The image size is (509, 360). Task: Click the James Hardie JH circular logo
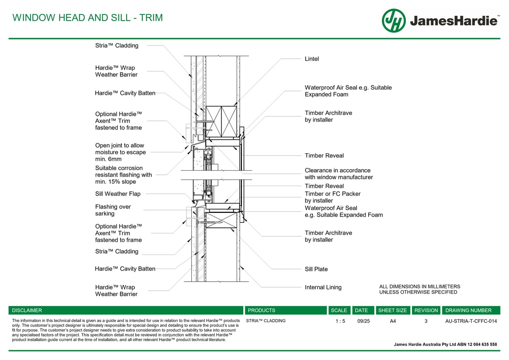(x=393, y=21)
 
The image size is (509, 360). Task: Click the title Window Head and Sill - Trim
(x=88, y=18)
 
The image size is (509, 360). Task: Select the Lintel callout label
(x=312, y=59)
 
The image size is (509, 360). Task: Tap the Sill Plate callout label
(x=316, y=269)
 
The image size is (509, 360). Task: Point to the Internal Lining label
(x=323, y=287)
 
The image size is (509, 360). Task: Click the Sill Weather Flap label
(x=118, y=194)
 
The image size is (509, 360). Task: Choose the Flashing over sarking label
(x=113, y=210)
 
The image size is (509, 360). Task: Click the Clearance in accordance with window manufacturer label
(x=338, y=174)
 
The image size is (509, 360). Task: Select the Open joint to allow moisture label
(x=120, y=152)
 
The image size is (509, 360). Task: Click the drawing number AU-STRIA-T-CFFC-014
(x=471, y=321)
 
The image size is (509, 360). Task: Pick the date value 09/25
(x=363, y=321)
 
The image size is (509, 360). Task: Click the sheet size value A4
(x=393, y=321)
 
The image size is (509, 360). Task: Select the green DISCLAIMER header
(x=27, y=310)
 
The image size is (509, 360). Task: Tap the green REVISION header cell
(x=426, y=310)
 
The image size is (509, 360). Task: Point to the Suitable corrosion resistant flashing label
(x=123, y=175)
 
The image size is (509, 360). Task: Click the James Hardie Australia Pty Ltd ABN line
(x=445, y=345)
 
